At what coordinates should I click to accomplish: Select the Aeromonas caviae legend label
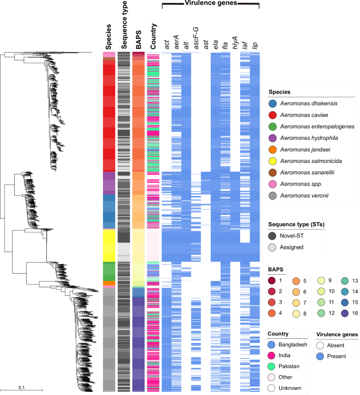pyautogui.click(x=307, y=115)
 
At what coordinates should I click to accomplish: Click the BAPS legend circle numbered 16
pyautogui.click(x=340, y=315)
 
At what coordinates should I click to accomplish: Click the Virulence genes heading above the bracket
pyautogui.click(x=210, y=4)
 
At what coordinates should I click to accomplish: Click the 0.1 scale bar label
pyautogui.click(x=22, y=387)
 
